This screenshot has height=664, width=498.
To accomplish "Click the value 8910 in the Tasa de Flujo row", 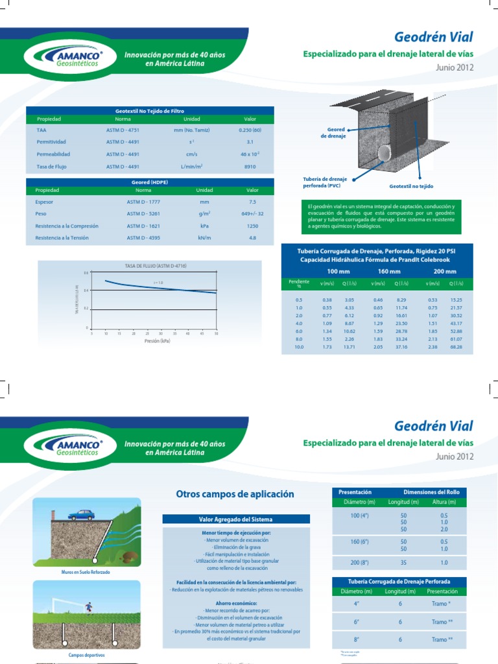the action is click(x=250, y=167).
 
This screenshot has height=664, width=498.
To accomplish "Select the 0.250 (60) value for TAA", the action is click(x=250, y=129).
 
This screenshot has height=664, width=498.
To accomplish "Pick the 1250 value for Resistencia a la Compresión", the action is click(x=252, y=226).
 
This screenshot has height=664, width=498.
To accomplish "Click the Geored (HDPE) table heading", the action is click(x=149, y=182).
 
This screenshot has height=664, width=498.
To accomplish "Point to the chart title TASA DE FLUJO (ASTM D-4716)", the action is click(x=150, y=267).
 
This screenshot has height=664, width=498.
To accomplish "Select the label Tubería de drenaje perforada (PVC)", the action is click(x=325, y=182).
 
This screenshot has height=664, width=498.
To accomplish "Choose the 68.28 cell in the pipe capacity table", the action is click(x=456, y=347).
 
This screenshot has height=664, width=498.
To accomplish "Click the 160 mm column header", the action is click(x=385, y=271).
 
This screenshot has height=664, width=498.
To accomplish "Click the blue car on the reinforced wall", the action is click(x=81, y=515).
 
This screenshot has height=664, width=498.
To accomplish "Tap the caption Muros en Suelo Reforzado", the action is click(x=86, y=573).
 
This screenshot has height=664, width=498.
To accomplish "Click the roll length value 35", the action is click(x=404, y=563).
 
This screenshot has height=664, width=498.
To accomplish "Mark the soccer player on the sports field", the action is click(x=89, y=608).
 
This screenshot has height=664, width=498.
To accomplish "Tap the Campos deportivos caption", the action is click(x=86, y=655).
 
